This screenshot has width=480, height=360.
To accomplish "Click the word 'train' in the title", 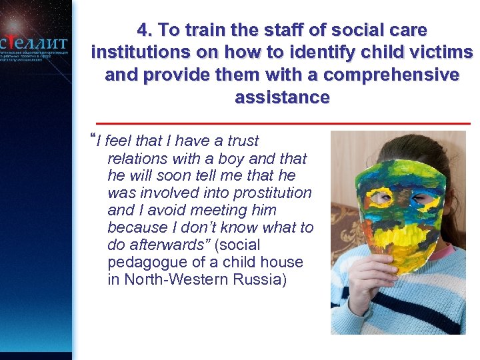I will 203,31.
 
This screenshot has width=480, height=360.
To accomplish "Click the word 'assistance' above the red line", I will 282,98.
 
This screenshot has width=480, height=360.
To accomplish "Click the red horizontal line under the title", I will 283,123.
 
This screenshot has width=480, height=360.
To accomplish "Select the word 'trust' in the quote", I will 242,141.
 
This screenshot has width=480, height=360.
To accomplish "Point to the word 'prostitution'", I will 274,193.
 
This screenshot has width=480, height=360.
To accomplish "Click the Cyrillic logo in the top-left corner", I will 35,41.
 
